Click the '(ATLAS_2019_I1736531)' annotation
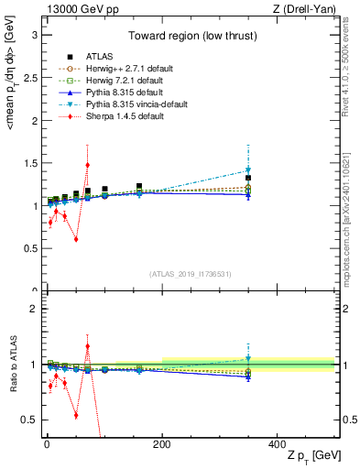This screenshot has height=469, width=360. [190, 273]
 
